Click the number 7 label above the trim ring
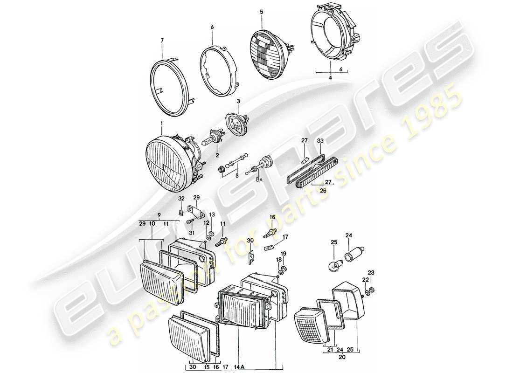coord(162,41)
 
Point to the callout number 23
coord(371,272)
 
